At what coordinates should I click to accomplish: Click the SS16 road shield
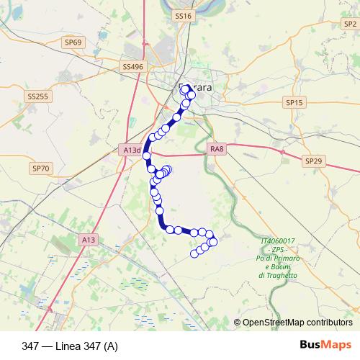coord(184,15)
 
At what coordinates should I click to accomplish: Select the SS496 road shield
coord(133,66)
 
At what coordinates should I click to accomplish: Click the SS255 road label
coord(37,96)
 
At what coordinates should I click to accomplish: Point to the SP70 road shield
coord(41,168)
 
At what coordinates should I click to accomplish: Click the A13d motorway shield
coord(130,150)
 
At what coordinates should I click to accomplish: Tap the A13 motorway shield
coord(89,239)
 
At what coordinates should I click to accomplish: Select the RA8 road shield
coord(217,148)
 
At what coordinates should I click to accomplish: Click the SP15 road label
coord(295,103)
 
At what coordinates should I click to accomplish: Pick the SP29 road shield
coord(312,161)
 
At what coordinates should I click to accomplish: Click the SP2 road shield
coord(351,24)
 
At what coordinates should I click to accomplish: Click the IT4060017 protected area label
coord(279,240)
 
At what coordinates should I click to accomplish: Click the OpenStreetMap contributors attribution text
coord(297,323)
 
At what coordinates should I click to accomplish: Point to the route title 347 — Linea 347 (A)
coord(70,345)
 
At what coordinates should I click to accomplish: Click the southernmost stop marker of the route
coord(194,253)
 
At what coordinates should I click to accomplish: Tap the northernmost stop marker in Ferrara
coord(186,89)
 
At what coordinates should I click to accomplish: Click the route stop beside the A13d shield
coord(146,155)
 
